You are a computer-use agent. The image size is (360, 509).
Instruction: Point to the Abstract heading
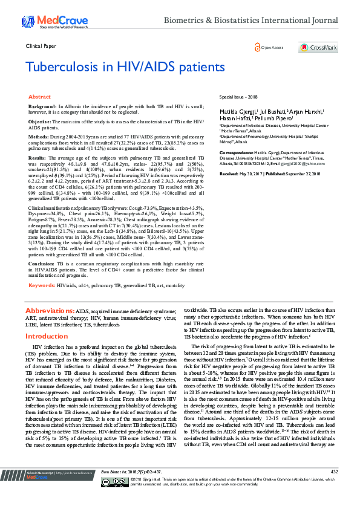point(39,97)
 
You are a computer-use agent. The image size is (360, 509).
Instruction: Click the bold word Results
point(38,158)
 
